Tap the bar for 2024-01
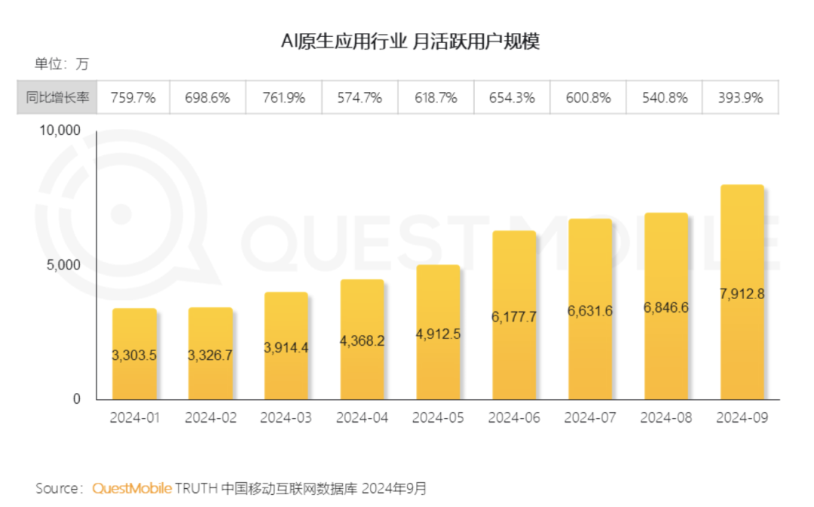[x=134, y=354]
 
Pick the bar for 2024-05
[x=438, y=332]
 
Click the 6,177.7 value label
[x=514, y=317]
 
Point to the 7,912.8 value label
[x=742, y=294]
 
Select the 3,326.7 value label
[x=210, y=355]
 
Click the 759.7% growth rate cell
[x=133, y=98]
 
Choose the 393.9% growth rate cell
[x=740, y=98]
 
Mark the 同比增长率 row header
[x=57, y=98]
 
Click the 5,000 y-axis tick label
[x=66, y=265]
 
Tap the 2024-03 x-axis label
[x=286, y=418]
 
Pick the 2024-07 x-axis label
[x=589, y=418]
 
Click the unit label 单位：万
[x=62, y=64]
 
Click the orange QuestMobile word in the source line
[x=132, y=488]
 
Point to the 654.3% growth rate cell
[x=513, y=98]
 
